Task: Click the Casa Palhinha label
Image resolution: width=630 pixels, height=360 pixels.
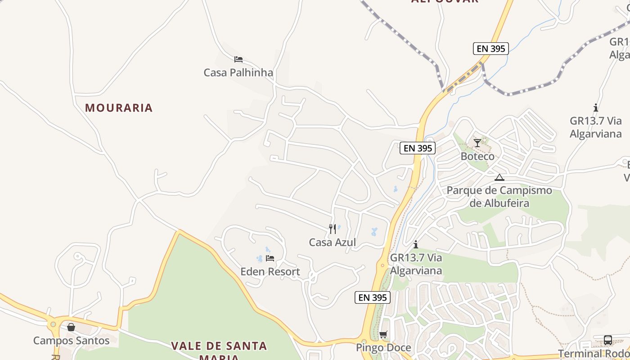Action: coord(238,72)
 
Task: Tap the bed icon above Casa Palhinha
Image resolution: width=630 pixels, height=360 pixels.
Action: coord(238,59)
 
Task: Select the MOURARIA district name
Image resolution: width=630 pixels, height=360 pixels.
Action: coord(119,108)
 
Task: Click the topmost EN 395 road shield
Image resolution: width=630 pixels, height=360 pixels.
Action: coord(490,49)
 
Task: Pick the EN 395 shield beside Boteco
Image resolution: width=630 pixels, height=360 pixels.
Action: coord(417,148)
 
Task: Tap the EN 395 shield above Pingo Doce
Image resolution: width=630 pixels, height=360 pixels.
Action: coord(372,297)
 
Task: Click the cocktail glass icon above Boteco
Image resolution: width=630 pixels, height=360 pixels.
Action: coord(477,143)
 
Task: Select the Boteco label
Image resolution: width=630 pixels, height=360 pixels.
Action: coord(477,157)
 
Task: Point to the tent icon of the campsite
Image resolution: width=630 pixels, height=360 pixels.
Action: coord(499,177)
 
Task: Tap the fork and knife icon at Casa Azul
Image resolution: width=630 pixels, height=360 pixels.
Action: coord(333,229)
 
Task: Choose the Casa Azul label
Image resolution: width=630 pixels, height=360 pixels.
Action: coord(332,243)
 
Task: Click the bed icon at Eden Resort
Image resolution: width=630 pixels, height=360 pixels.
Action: coord(270,258)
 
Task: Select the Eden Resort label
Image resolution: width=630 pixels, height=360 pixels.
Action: coord(270,272)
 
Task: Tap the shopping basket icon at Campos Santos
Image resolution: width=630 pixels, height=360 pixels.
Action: coord(71,327)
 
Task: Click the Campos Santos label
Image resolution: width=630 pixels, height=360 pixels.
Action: coord(71,341)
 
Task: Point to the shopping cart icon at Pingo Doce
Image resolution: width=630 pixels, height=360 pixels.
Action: coord(383,334)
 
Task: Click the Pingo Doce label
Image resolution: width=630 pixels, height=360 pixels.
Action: coord(383,348)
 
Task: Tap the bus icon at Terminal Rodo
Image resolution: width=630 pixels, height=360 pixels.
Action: coord(607,340)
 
